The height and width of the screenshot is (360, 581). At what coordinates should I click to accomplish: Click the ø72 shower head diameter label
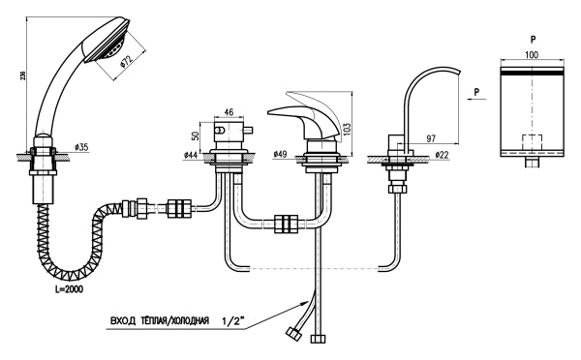click(127, 61)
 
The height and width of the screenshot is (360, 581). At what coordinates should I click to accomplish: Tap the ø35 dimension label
click(81, 147)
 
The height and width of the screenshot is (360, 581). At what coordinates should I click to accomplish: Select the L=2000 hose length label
click(67, 289)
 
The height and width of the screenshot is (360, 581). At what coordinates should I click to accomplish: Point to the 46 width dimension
click(229, 111)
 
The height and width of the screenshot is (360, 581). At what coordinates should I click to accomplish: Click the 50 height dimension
click(196, 135)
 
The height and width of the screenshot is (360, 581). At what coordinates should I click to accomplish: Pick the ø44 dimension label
click(191, 156)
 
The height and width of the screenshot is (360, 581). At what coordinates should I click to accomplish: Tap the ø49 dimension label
click(281, 154)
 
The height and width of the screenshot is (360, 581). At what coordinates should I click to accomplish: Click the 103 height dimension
click(347, 130)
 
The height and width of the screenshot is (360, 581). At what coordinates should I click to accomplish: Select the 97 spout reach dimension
click(431, 138)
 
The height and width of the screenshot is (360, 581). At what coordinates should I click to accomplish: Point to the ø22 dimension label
click(442, 155)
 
